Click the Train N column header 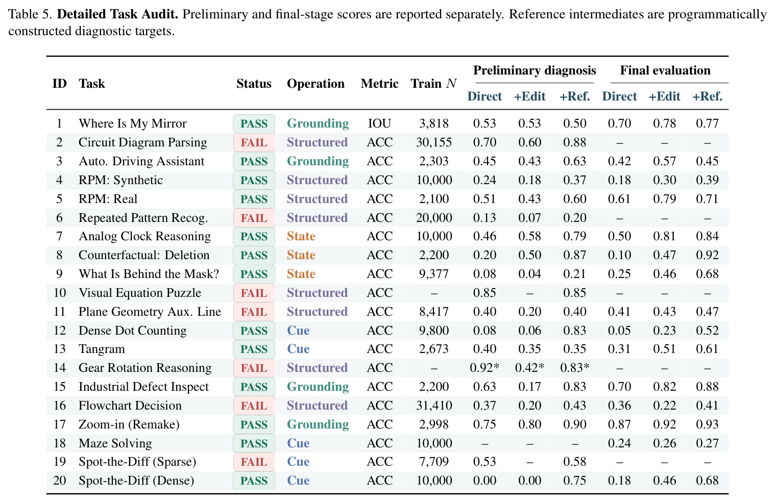click(x=433, y=84)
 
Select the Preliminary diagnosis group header click(x=535, y=70)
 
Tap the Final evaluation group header click(x=665, y=70)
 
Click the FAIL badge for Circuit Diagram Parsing click(x=254, y=142)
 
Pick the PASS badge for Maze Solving click(x=254, y=443)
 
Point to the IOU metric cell click(x=379, y=123)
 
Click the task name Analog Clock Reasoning click(x=144, y=237)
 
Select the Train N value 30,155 click(x=434, y=142)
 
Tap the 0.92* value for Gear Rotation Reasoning click(x=485, y=367)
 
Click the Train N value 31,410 click(x=434, y=406)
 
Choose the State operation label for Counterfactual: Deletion click(x=301, y=255)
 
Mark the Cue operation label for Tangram click(x=298, y=349)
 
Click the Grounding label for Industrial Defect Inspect click(x=318, y=387)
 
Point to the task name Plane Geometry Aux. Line click(x=150, y=312)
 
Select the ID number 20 click(x=60, y=481)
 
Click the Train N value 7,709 click(x=434, y=462)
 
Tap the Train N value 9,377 click(x=434, y=274)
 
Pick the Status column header click(x=254, y=84)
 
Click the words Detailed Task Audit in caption click(x=117, y=14)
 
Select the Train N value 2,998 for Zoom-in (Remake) click(x=434, y=424)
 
